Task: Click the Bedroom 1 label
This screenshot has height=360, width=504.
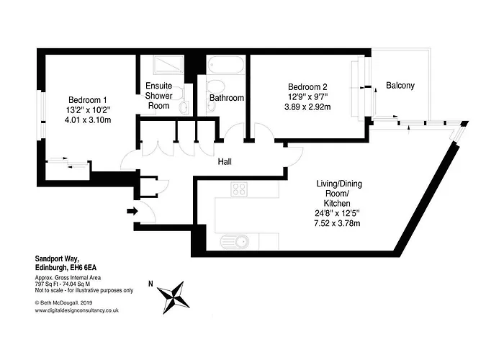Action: point(87,100)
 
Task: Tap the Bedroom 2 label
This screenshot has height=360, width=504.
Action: point(307,87)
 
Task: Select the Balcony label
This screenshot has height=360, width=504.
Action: point(400,86)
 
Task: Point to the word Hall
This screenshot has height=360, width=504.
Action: point(225,162)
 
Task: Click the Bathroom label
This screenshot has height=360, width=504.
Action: point(227,98)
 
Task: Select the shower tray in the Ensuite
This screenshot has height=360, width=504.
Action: point(168,65)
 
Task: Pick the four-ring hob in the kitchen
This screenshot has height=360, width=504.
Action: point(239,189)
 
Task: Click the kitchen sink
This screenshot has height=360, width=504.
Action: point(235,242)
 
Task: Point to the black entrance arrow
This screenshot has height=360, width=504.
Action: point(132,211)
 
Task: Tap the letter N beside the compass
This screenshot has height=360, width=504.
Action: point(150,284)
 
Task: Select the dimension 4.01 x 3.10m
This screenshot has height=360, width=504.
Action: point(88,120)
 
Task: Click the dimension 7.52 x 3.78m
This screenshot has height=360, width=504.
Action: point(337,223)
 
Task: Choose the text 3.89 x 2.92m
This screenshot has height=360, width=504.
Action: point(307,107)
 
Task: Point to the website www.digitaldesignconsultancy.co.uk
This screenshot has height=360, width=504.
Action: point(77,310)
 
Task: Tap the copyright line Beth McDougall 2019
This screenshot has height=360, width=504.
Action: point(63,302)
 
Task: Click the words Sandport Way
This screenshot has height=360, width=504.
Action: point(57,258)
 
